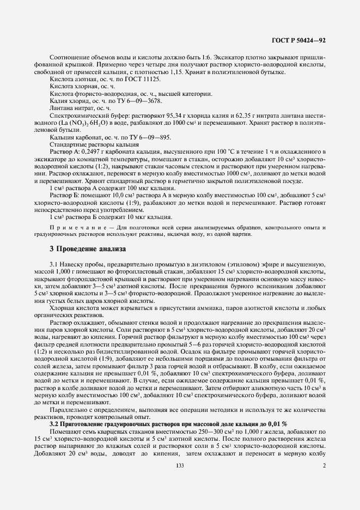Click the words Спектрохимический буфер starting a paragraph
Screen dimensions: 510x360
pos(82,115)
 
